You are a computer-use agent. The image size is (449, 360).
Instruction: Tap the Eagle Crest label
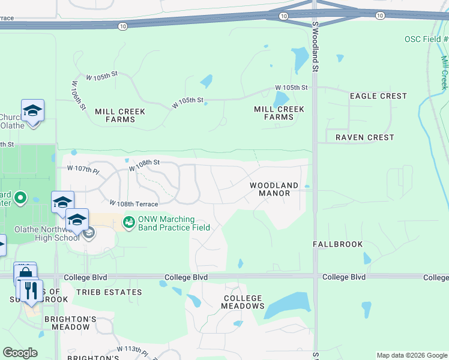(x=378, y=96)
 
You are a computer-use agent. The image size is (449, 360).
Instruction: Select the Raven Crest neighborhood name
(x=364, y=137)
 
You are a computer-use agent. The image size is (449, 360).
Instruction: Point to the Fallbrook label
(x=338, y=244)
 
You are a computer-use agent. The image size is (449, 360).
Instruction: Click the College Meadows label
(x=243, y=302)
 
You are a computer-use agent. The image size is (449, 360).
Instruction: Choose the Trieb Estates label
(x=109, y=292)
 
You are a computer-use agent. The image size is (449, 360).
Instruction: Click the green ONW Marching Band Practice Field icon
(x=128, y=223)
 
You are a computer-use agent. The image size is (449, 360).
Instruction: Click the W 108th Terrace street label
(x=133, y=204)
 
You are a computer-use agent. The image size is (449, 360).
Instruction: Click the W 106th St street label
(x=79, y=95)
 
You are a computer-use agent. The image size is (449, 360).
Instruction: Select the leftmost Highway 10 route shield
(x=122, y=26)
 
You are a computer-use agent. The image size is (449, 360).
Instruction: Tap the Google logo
(x=20, y=353)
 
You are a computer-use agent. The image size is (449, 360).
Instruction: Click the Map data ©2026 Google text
(x=411, y=355)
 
